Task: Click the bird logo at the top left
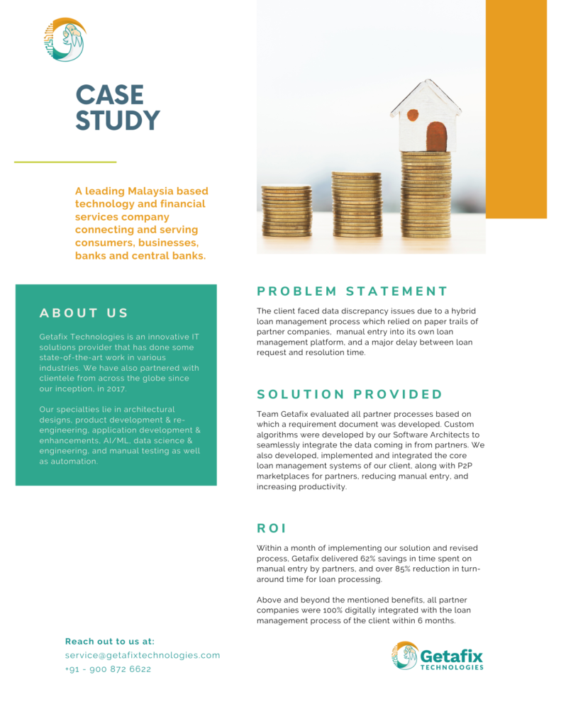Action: (64, 39)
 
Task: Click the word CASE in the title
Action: (109, 95)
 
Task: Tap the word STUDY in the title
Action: (118, 121)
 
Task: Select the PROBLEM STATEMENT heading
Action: (352, 291)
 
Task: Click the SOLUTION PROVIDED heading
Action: (349, 394)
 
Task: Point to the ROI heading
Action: (271, 528)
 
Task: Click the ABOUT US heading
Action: (84, 313)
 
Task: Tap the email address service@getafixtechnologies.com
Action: (143, 655)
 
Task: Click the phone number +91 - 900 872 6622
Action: (108, 669)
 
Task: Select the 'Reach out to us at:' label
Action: (110, 641)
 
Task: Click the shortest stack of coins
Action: (286, 211)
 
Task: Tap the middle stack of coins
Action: (357, 204)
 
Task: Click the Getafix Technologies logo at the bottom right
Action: (438, 656)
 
